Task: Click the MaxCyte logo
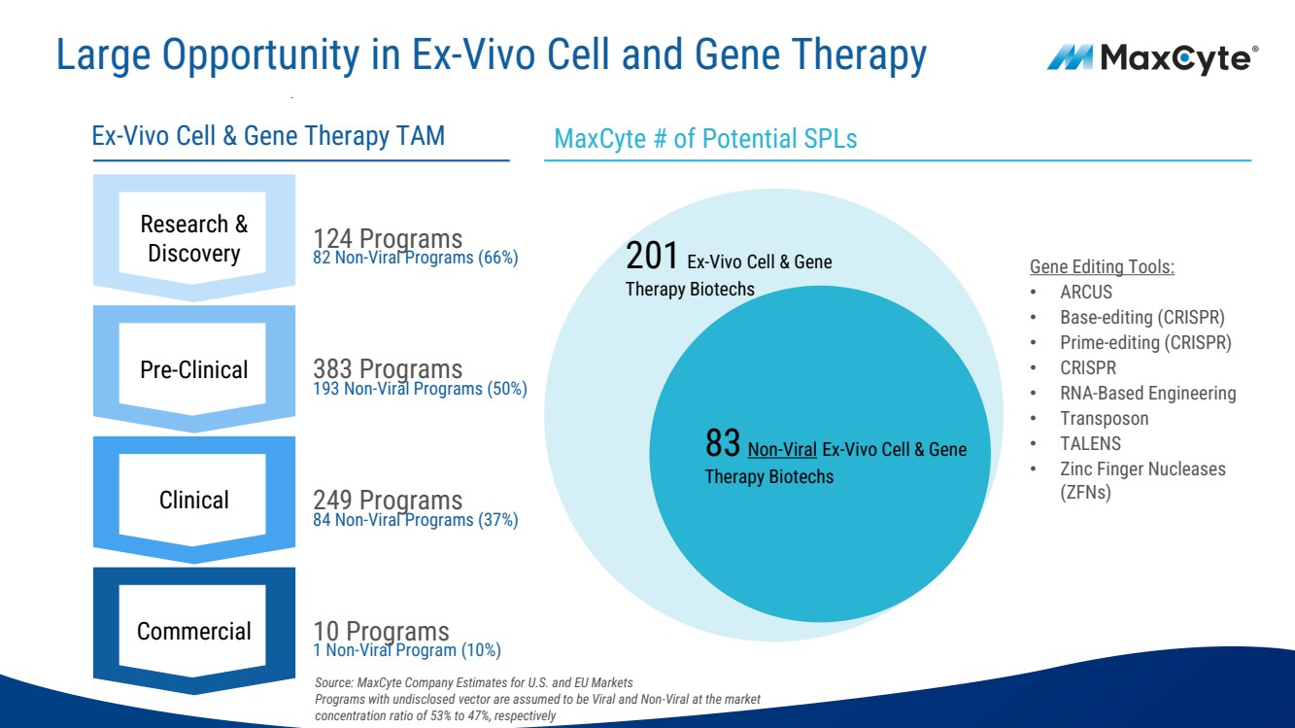(x=1152, y=58)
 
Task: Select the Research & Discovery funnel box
(x=193, y=238)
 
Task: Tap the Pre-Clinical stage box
(x=193, y=369)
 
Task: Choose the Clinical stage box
(x=193, y=500)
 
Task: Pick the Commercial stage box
(x=193, y=631)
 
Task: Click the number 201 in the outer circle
(x=652, y=258)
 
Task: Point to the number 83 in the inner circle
(x=723, y=445)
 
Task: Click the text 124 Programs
(x=388, y=238)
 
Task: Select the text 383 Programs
(x=388, y=369)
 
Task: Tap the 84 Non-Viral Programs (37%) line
(x=415, y=520)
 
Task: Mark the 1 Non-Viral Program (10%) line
(x=406, y=650)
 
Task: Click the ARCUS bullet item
(x=1086, y=292)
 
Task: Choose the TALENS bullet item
(x=1090, y=443)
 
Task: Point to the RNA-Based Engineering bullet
(x=1147, y=393)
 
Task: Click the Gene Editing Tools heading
(x=1102, y=266)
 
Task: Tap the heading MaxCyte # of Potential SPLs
(x=705, y=139)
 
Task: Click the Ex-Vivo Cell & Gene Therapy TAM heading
(x=268, y=135)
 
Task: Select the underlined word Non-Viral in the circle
(x=782, y=449)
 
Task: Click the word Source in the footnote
(x=333, y=682)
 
